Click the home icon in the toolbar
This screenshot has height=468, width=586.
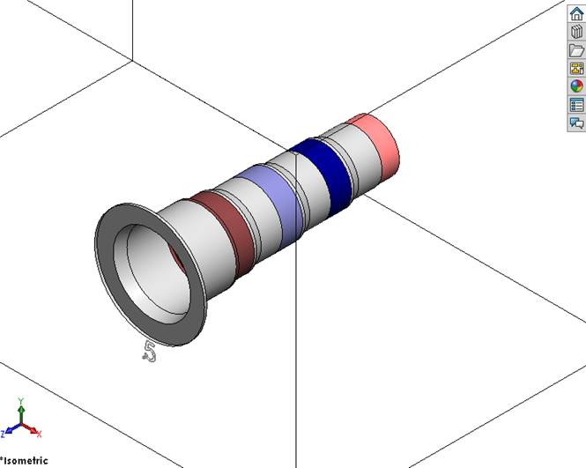(x=576, y=13)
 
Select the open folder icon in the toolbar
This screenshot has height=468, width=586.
(x=576, y=50)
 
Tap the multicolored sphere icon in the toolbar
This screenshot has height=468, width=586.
(x=576, y=86)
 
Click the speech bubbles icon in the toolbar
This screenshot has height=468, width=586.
(x=576, y=123)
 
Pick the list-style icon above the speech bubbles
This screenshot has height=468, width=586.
(x=576, y=105)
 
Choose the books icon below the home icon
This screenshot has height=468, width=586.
(x=576, y=32)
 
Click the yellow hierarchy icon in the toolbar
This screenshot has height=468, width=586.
(x=576, y=68)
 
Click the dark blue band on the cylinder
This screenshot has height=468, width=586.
(x=325, y=170)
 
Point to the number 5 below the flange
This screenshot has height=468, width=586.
(x=149, y=352)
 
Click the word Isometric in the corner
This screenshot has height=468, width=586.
(x=26, y=460)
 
